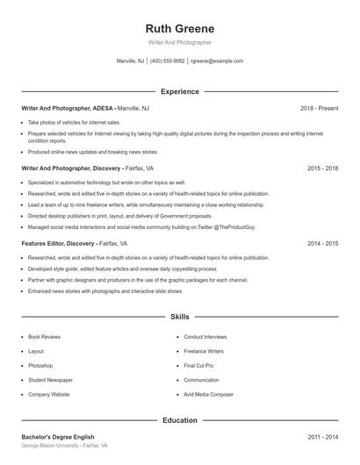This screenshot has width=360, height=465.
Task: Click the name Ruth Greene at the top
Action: tap(179, 28)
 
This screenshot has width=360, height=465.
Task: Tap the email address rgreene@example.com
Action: tap(217, 61)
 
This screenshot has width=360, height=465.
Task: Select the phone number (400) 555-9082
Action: tap(167, 61)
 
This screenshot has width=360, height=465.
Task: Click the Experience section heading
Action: tap(179, 91)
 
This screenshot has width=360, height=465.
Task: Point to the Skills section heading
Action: tap(179, 317)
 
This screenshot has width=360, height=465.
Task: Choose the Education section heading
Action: tap(179, 420)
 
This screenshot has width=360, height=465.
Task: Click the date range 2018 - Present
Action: tap(319, 108)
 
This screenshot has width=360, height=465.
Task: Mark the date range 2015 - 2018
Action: tap(322, 168)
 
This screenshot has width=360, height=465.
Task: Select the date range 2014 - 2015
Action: tap(322, 243)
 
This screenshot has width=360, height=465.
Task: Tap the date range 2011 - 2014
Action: tap(322, 436)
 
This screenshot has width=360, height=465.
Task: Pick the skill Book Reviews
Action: tap(44, 337)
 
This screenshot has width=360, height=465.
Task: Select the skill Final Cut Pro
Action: tap(198, 365)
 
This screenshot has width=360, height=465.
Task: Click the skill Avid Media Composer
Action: tap(208, 394)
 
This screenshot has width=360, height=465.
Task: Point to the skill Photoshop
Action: tap(40, 365)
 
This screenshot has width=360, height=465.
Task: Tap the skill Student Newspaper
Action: tap(50, 380)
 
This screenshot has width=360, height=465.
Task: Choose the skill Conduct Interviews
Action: tap(205, 337)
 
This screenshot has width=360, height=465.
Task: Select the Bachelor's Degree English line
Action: tap(58, 436)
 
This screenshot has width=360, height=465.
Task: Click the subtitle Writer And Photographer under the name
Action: tap(179, 42)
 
